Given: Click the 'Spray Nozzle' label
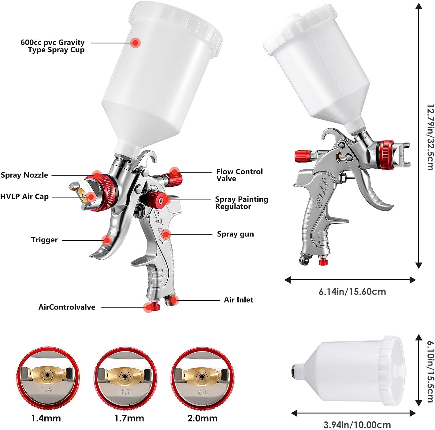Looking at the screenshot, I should click(24, 175).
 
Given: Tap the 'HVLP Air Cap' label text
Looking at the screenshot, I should click(24, 197).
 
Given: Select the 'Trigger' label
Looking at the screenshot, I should click(44, 240).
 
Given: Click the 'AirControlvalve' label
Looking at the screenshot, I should click(67, 307).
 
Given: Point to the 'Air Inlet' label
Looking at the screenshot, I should click(238, 300).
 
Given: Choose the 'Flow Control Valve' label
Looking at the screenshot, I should click(239, 175).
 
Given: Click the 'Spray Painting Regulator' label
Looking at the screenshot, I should click(241, 203).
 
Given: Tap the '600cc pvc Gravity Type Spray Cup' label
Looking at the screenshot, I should click(53, 46).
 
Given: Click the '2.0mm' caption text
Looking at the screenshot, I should click(202, 418).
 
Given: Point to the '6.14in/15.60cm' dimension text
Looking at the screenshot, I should click(352, 292).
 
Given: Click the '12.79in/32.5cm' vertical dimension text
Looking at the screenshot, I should click(430, 137).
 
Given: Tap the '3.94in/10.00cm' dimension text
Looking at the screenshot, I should click(357, 424).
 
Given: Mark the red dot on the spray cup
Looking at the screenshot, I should click(135, 43).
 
